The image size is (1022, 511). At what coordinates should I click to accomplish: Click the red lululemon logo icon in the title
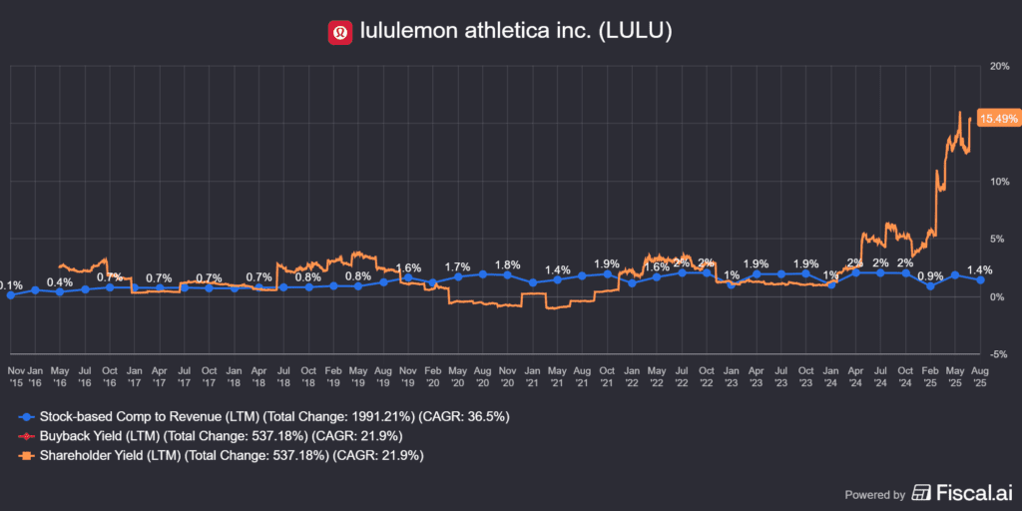point(340,32)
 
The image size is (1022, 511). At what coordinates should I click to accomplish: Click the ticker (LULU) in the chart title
point(640,32)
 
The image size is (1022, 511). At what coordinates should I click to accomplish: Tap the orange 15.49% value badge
point(998,118)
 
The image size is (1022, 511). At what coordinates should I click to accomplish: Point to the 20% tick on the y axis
point(997,66)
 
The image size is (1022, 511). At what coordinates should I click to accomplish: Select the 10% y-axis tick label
point(997,182)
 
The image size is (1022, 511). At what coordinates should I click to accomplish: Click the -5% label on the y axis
point(997,354)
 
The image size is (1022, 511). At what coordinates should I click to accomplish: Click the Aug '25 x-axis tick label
point(980,375)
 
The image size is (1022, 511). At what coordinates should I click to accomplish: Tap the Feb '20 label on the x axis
point(432,375)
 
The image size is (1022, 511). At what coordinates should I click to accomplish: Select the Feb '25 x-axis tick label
point(930,375)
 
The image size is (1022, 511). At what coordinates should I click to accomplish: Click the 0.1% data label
point(10,285)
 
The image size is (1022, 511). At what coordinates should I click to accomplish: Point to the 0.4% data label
point(60,281)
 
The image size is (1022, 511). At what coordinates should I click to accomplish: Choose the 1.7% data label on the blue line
point(457,266)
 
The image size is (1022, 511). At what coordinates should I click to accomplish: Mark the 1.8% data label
point(507,264)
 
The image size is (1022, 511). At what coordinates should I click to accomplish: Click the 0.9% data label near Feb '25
point(929,276)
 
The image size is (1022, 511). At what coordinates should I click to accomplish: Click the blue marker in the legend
point(25,416)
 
